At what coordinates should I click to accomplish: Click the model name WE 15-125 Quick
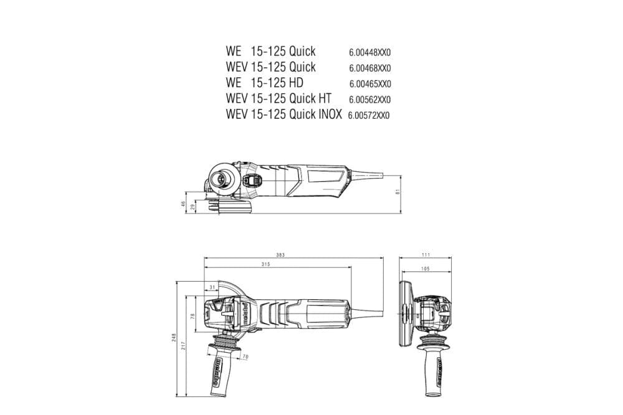tap(270, 51)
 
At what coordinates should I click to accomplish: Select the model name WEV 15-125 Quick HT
tap(278, 98)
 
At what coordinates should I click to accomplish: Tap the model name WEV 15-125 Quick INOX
tap(284, 114)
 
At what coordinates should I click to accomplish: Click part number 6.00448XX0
tap(369, 53)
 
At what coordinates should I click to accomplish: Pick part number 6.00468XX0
tap(369, 68)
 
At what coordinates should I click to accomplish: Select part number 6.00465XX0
tap(369, 84)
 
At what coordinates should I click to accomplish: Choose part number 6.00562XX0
tap(369, 100)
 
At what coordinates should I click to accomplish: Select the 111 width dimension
tap(426, 255)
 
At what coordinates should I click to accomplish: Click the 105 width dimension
tap(426, 268)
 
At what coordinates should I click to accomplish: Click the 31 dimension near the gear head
tap(212, 287)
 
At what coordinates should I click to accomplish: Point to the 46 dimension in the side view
tap(184, 203)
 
